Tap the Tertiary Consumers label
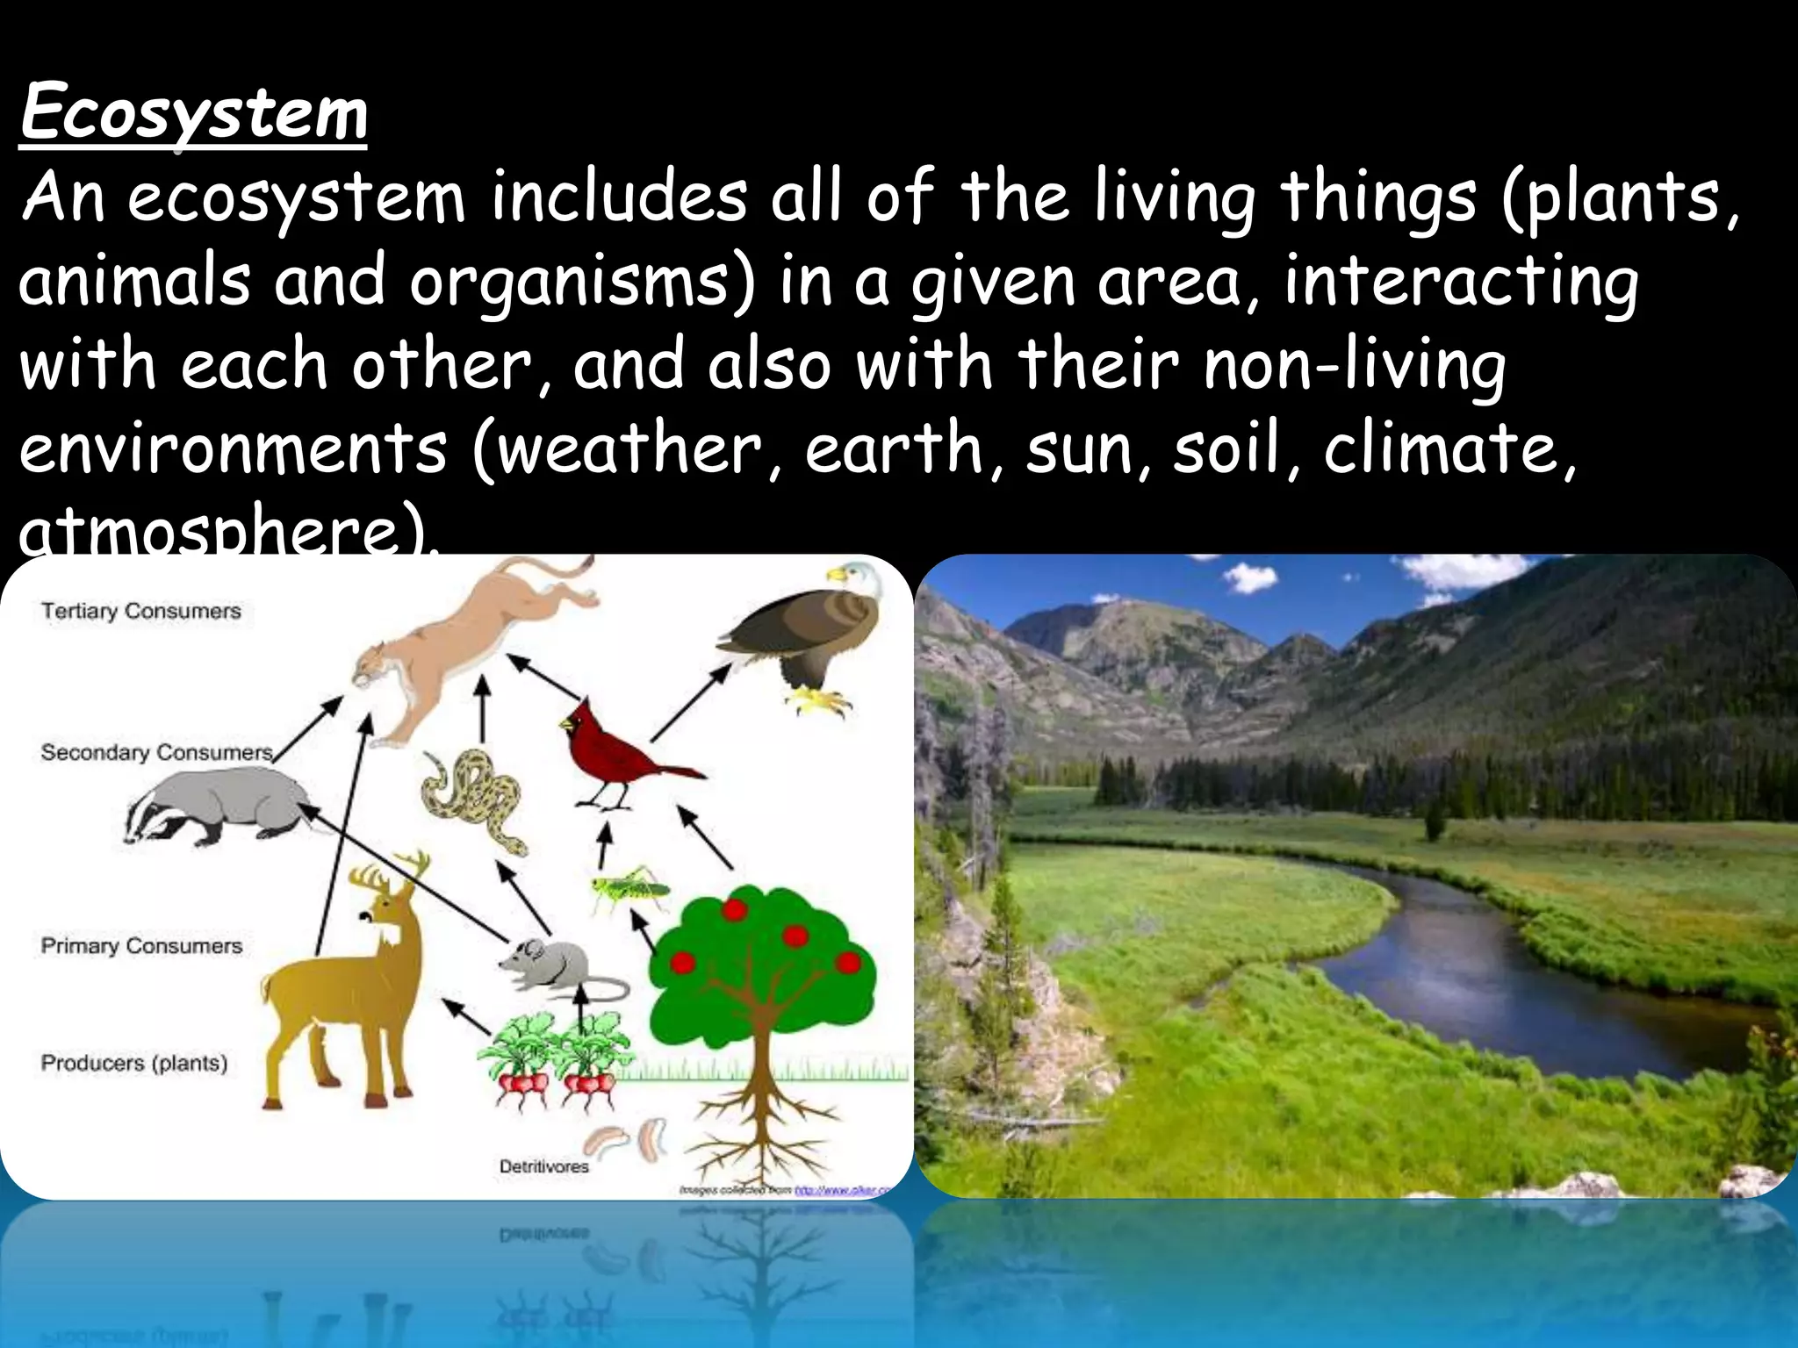140,611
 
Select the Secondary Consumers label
156,752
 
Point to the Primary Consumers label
141,945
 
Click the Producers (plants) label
133,1063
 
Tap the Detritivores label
543,1166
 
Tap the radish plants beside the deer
553,1058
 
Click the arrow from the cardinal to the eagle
690,702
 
